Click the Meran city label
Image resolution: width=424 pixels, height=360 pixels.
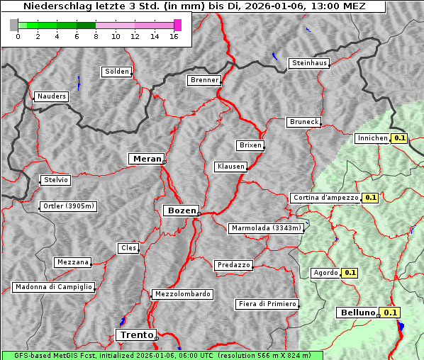pyautogui.click(x=147, y=159)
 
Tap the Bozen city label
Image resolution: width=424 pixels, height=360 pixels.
pyautogui.click(x=180, y=210)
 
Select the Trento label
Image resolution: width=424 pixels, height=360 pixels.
pyautogui.click(x=135, y=334)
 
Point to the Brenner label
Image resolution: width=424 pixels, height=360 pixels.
pyautogui.click(x=204, y=80)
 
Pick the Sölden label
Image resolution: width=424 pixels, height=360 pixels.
pyautogui.click(x=117, y=72)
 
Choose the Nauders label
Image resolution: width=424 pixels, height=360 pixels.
pyautogui.click(x=52, y=96)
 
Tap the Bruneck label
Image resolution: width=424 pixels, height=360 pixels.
pyautogui.click(x=304, y=122)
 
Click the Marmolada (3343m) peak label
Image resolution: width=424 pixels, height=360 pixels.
pyautogui.click(x=266, y=228)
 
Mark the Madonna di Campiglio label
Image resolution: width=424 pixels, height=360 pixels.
pyautogui.click(x=53, y=287)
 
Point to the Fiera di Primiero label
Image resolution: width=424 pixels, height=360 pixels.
pyautogui.click(x=267, y=304)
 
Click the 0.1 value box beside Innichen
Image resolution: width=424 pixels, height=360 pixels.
pyautogui.click(x=400, y=138)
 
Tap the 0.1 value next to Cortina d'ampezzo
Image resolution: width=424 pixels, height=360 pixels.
pyautogui.click(x=370, y=198)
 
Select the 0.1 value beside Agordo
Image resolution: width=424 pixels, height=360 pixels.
pyautogui.click(x=350, y=272)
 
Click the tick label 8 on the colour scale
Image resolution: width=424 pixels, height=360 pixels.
pyautogui.click(x=95, y=36)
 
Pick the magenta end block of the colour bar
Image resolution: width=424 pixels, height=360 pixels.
pyautogui.click(x=177, y=25)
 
